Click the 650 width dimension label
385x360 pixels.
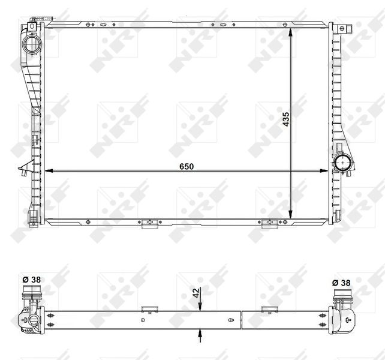(x=186, y=166)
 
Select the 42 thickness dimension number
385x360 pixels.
(x=195, y=293)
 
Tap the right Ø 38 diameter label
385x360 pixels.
(x=342, y=282)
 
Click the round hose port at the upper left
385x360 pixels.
(x=30, y=44)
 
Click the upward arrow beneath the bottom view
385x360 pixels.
(x=200, y=334)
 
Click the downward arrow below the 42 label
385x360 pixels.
(x=200, y=305)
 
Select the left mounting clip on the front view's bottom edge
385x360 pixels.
(x=148, y=224)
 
